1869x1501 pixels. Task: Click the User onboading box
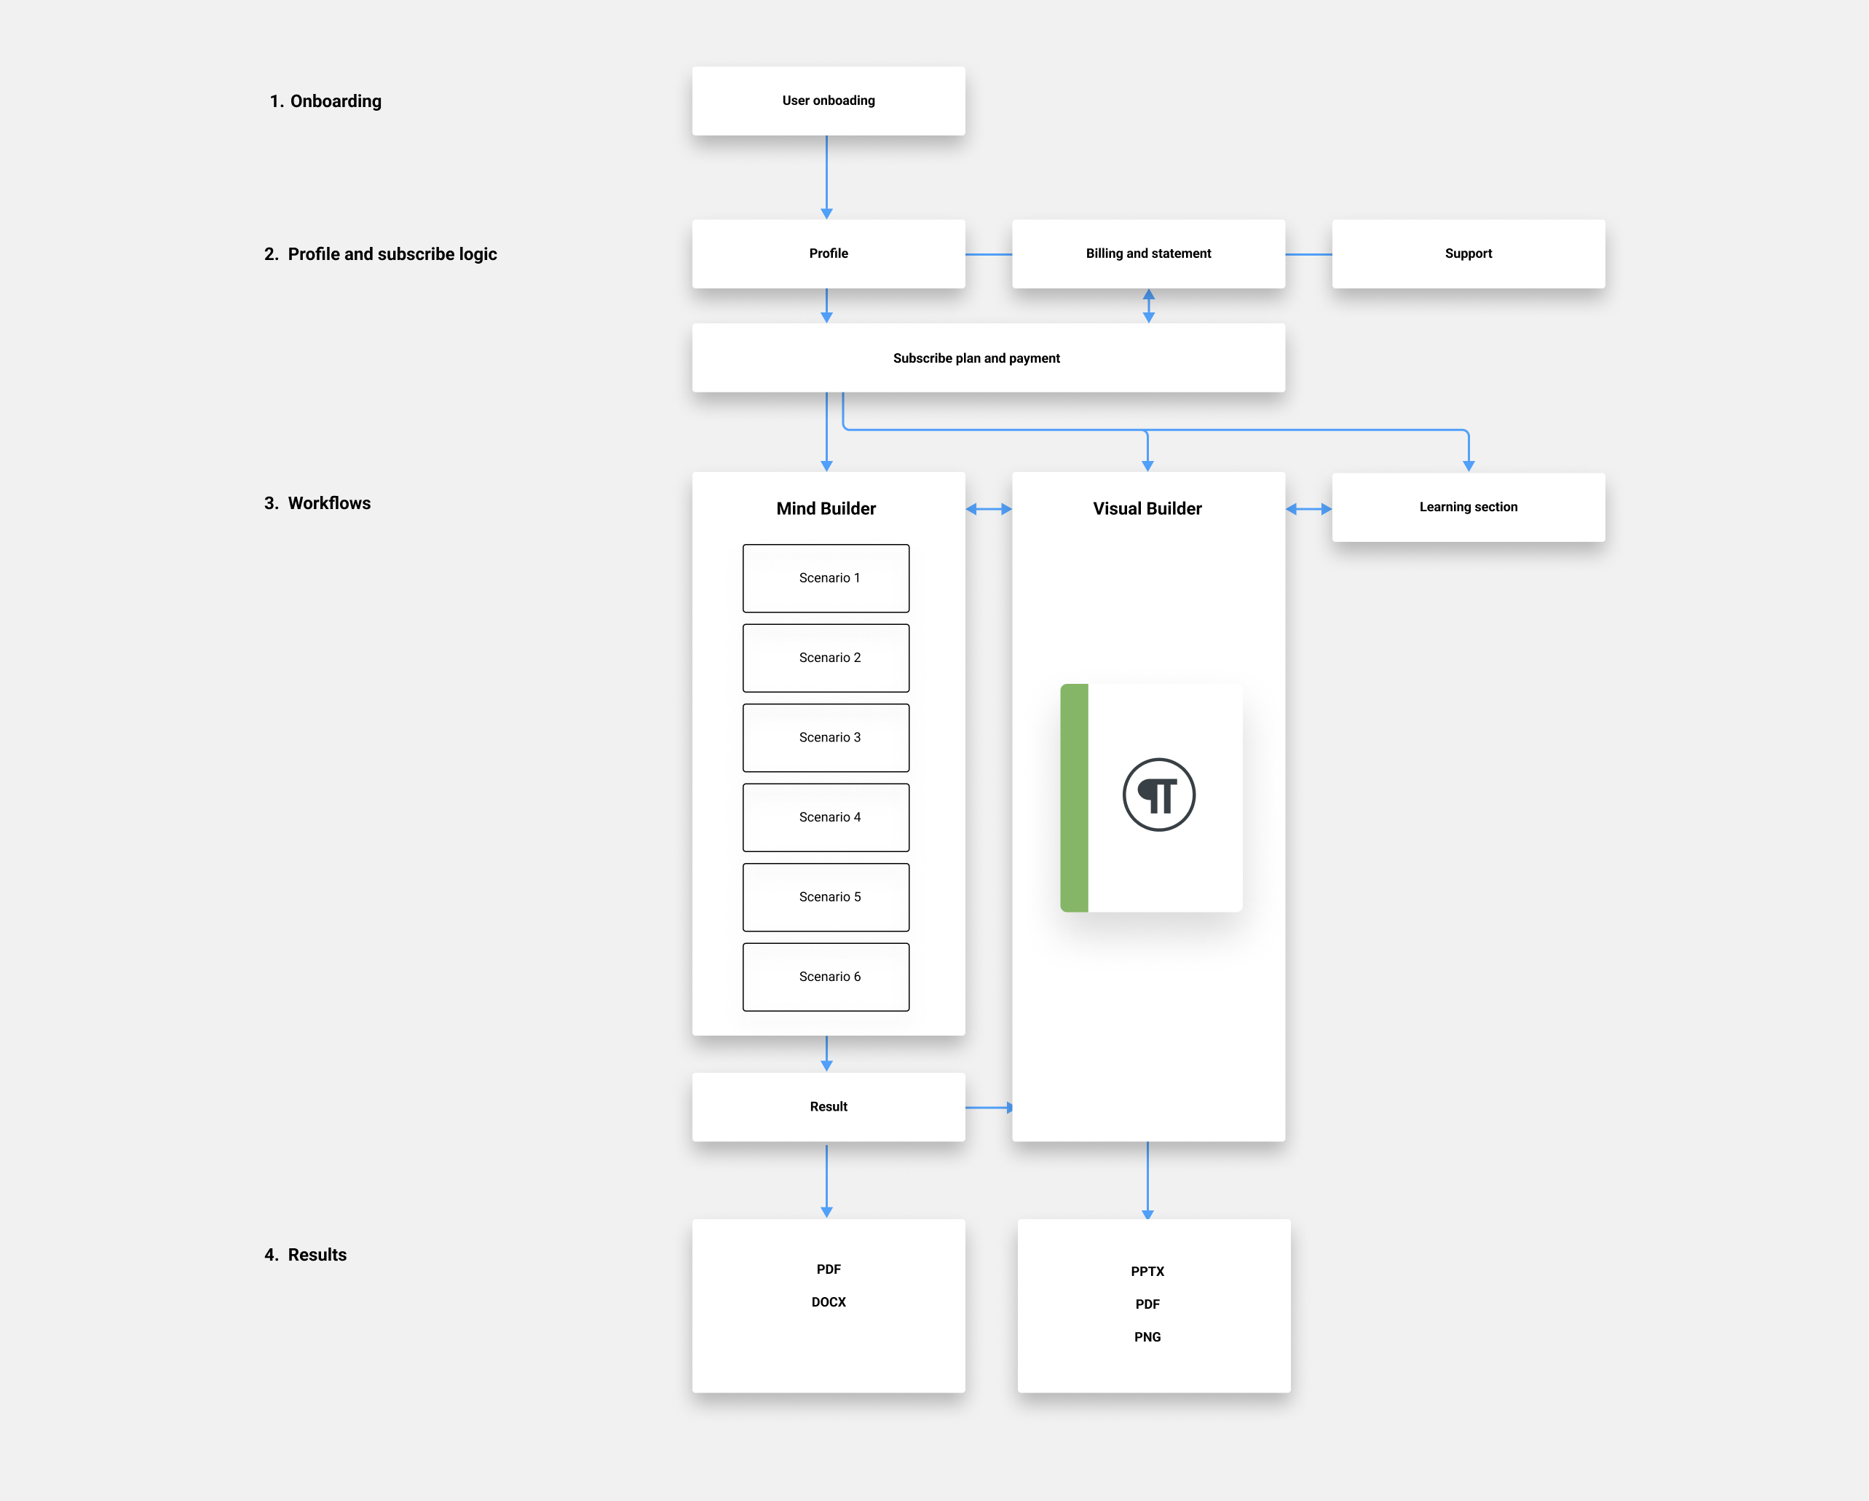pyautogui.click(x=828, y=101)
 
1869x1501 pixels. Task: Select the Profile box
pyautogui.click(x=828, y=253)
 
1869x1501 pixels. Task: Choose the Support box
pyautogui.click(x=1468, y=253)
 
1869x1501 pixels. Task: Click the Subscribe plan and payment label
pyautogui.click(x=976, y=358)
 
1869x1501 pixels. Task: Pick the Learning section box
pyautogui.click(x=1468, y=508)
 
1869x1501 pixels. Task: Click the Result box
pyautogui.click(x=828, y=1106)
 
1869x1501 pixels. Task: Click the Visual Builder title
pyautogui.click(x=1147, y=509)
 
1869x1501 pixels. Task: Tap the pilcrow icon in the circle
pyautogui.click(x=1158, y=795)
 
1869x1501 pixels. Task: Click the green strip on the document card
pyautogui.click(x=1074, y=797)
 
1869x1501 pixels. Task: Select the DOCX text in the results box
pyautogui.click(x=828, y=1301)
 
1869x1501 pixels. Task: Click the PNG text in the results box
pyautogui.click(x=1147, y=1337)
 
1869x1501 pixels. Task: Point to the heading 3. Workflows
pyautogui.click(x=317, y=503)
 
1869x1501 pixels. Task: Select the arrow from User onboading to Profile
pyautogui.click(x=826, y=177)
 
